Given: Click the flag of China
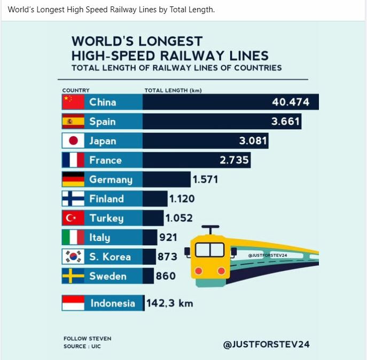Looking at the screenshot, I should [x=73, y=102].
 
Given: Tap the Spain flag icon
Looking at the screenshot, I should [x=73, y=121].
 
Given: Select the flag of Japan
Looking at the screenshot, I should [x=73, y=140].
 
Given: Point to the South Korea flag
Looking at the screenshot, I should [x=73, y=256].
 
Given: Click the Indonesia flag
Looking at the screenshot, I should [x=73, y=303].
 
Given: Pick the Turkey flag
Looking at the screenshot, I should [x=73, y=218].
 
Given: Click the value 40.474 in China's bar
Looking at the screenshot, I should [x=291, y=102].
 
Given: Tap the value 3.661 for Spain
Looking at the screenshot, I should [x=285, y=121].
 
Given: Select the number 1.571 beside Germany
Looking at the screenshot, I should [x=205, y=179].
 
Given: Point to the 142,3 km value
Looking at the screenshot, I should [x=169, y=303].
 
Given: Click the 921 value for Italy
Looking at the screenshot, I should [x=168, y=237].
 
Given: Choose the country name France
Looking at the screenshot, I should [x=105, y=160].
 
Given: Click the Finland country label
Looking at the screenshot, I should [x=106, y=199].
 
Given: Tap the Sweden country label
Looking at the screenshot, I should [x=108, y=276].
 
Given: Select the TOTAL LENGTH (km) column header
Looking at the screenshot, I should [x=173, y=90].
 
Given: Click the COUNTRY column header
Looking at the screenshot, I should [x=76, y=90].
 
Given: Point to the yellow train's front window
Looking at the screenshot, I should [x=209, y=249].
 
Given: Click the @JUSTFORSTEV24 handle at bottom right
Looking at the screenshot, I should [x=266, y=345].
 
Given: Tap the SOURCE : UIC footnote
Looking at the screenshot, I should [x=82, y=347].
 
